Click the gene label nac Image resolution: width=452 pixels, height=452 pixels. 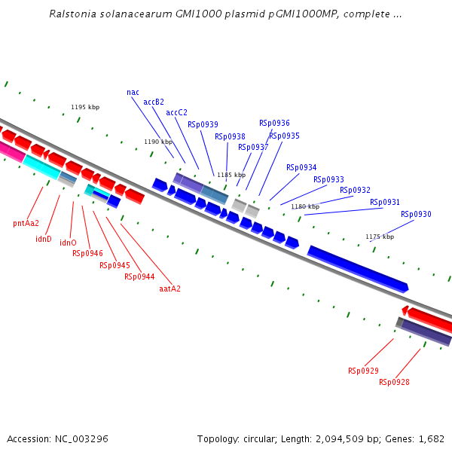pos(133,92)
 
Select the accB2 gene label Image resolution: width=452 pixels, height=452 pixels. pos(154,102)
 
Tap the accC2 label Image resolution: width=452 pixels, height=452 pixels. pos(176,112)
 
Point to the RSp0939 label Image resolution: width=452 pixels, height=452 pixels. pos(203,124)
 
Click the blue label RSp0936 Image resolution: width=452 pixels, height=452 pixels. pos(274,123)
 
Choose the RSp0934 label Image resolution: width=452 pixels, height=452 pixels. pos(301,167)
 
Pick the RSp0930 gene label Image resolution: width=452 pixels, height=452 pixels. pos(416,214)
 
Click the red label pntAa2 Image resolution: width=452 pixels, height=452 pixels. pos(26,223)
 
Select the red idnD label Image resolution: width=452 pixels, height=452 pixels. pos(44,240)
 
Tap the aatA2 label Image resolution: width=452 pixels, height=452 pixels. pos(169,289)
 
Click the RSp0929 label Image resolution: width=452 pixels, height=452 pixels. pos(363,371)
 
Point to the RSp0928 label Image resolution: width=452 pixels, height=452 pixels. pos(394,382)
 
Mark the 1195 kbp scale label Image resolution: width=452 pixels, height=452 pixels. pos(85,107)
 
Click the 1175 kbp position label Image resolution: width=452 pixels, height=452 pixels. pos(380,237)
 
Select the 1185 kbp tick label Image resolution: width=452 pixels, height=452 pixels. pos(231,175)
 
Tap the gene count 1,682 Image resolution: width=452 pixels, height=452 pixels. pos(431,438)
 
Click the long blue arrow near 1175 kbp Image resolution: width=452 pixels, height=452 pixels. pos(358,268)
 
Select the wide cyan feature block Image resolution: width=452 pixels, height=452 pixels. pos(41,166)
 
